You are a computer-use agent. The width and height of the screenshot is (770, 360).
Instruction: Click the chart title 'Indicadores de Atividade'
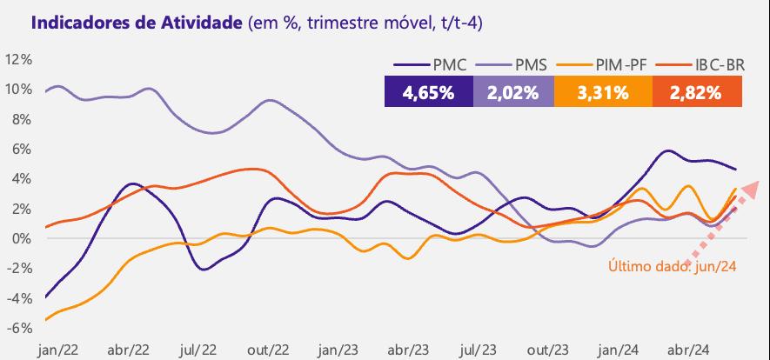(x=137, y=23)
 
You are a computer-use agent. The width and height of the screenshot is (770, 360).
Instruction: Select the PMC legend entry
(x=430, y=64)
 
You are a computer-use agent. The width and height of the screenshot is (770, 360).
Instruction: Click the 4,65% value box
(x=429, y=91)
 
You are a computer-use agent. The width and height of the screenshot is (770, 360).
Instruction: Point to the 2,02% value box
(x=513, y=91)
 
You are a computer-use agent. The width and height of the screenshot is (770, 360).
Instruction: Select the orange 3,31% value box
(x=603, y=91)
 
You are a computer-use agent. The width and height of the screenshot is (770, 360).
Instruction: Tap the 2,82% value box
(x=697, y=91)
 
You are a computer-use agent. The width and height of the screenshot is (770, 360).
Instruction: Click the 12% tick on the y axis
(x=18, y=60)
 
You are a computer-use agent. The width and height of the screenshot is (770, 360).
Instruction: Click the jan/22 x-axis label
(x=58, y=350)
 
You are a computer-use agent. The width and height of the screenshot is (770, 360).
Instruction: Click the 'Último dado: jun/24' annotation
(x=673, y=266)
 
